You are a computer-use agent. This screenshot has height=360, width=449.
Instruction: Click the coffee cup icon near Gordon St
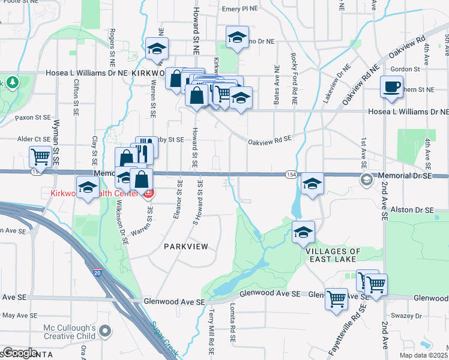pyautogui.click(x=391, y=86)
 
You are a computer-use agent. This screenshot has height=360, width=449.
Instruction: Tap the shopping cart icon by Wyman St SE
pyautogui.click(x=41, y=157)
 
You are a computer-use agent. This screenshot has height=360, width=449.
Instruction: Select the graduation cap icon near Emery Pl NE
pyautogui.click(x=237, y=38)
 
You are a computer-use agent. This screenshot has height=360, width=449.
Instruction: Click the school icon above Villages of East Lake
pyautogui.click(x=303, y=232)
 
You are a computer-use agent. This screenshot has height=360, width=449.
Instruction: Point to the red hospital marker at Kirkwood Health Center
pyautogui.click(x=148, y=193)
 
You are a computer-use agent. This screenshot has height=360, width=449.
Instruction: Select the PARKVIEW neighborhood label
pyautogui.click(x=186, y=247)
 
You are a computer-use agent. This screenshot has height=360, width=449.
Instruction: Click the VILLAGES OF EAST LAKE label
pyautogui.click(x=333, y=255)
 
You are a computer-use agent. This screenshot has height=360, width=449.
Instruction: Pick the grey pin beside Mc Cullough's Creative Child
pyautogui.click(x=106, y=331)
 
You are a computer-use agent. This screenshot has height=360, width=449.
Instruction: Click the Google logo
pyautogui.click(x=20, y=353)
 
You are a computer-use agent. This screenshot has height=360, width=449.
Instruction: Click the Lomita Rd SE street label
pyautogui.click(x=232, y=323)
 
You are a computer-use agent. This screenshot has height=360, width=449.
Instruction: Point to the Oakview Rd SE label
pyautogui.click(x=270, y=140)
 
